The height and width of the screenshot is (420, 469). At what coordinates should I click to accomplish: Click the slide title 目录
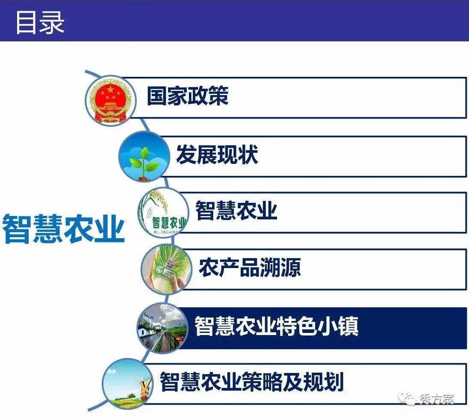click(x=40, y=22)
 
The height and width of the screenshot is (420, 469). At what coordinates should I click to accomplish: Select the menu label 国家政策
click(x=188, y=96)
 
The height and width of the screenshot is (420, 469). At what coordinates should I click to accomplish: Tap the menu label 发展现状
click(x=217, y=155)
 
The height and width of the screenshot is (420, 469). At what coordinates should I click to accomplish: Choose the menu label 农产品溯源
click(x=250, y=267)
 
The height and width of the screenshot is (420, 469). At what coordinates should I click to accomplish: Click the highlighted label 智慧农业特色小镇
click(x=277, y=326)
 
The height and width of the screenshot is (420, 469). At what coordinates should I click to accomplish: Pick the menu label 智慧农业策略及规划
click(x=251, y=382)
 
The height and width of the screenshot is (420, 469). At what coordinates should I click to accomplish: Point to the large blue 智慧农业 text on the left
click(x=63, y=228)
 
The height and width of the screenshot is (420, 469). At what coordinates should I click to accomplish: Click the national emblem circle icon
click(x=111, y=100)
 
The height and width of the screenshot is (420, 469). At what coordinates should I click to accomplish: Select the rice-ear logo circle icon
click(x=163, y=213)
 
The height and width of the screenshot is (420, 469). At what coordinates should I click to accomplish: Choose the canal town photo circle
click(x=163, y=327)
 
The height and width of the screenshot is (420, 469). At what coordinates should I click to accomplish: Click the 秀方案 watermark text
click(x=437, y=399)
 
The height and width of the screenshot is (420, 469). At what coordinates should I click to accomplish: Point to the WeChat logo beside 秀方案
click(x=407, y=399)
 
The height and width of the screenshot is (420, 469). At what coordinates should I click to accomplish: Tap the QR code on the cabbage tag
click(x=170, y=264)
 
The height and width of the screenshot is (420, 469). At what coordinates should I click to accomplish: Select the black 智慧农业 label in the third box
click(x=236, y=210)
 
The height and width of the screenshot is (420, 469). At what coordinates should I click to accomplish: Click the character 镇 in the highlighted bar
click(x=349, y=326)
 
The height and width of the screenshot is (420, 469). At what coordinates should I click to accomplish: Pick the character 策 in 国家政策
click(x=218, y=96)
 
